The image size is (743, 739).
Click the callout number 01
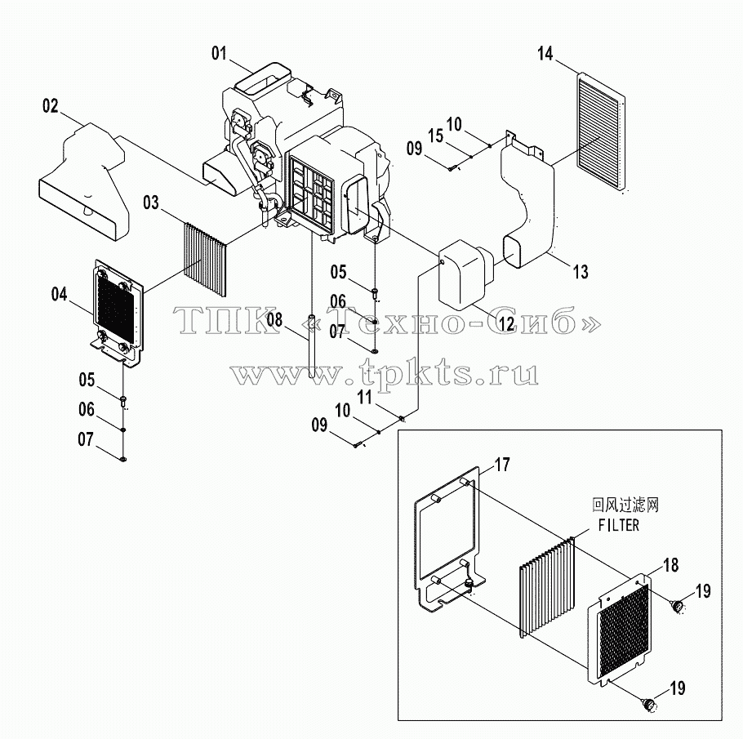tap(219, 53)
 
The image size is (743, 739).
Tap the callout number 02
tap(51, 105)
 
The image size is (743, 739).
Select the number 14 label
tap(545, 54)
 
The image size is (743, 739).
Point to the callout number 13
tap(581, 272)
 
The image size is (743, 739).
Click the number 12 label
tap(506, 323)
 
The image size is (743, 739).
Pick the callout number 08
tap(274, 319)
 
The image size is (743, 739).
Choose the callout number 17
tap(502, 464)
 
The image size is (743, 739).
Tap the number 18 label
tap(671, 564)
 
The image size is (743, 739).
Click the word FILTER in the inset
tap(619, 525)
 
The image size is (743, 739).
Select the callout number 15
tap(435, 136)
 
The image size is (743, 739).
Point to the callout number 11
tap(364, 397)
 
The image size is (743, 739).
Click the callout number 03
tap(151, 203)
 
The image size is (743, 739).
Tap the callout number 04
tap(60, 294)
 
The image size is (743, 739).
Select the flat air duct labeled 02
tap(82, 180)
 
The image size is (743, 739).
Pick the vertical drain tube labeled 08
tap(311, 345)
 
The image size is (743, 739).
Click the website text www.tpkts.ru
tap(385, 373)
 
